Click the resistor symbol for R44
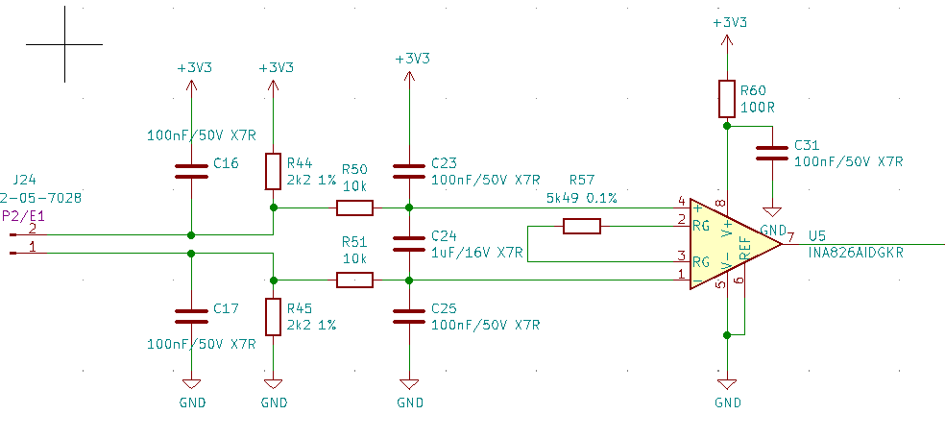pos(274,171)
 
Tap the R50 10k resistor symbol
pos(354,207)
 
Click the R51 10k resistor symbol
pos(354,280)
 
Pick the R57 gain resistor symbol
pos(581,226)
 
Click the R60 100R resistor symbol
pos(727,98)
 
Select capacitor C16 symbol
pos(191,171)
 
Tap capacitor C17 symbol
pos(191,316)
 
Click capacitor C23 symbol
pos(410,171)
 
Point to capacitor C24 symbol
pos(410,243)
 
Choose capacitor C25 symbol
pos(410,316)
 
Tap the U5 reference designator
pos(817,235)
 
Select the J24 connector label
pos(24,180)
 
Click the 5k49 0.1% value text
pos(581,198)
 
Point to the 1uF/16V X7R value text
pos(477,253)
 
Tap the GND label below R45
pos(274,402)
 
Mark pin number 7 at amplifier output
pos(790,237)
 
